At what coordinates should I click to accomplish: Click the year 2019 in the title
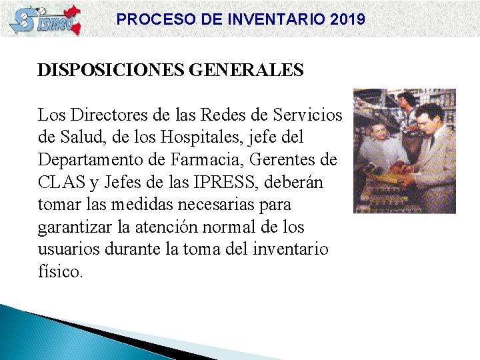tap(347, 19)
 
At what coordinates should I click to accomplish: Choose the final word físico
tap(60, 272)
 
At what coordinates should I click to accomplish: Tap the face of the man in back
tap(404, 101)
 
